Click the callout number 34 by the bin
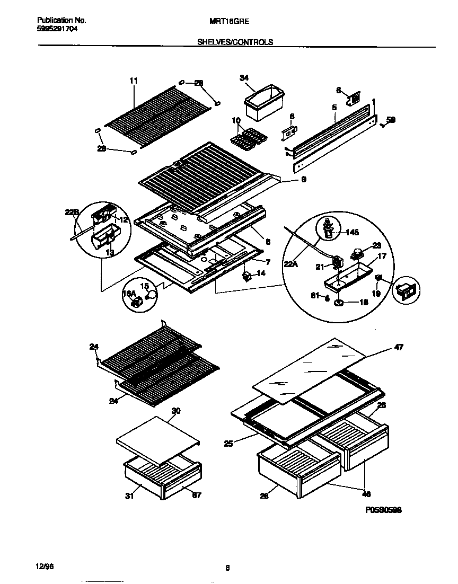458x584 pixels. (x=244, y=78)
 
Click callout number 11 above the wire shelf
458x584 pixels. (x=133, y=81)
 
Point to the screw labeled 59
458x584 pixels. (x=382, y=125)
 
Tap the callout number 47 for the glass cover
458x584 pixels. (x=399, y=348)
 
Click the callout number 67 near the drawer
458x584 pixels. (x=196, y=495)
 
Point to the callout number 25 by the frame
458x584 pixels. (x=228, y=444)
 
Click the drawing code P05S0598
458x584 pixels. (x=383, y=510)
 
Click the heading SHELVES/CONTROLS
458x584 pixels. (x=235, y=42)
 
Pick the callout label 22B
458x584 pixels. (x=72, y=212)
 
